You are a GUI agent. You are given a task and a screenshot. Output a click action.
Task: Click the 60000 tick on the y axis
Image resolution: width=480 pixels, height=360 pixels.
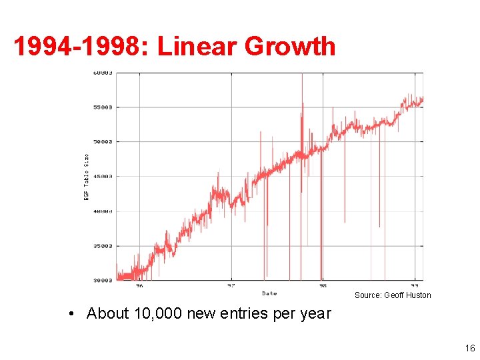tap(102, 72)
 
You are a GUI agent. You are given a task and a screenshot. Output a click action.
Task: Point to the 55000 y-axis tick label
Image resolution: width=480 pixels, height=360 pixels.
tap(102, 107)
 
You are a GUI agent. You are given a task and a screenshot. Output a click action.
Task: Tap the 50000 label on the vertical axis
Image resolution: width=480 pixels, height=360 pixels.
tap(102, 141)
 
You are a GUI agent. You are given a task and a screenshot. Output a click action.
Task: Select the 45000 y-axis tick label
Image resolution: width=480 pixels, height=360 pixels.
tap(102, 176)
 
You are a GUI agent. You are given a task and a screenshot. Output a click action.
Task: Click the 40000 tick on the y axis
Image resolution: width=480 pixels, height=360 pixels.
tap(102, 211)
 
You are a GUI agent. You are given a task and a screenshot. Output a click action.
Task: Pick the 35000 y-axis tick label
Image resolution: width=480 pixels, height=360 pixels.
tap(102, 245)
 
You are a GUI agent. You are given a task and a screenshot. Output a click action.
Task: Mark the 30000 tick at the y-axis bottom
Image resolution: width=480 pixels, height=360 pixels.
tap(102, 280)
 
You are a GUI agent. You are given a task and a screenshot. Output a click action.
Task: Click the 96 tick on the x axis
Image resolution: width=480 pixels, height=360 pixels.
tap(139, 286)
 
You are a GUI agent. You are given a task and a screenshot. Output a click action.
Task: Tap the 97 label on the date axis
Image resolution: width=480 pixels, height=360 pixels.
tap(231, 286)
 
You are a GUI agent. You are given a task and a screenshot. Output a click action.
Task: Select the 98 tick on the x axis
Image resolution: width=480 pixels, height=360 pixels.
tap(323, 286)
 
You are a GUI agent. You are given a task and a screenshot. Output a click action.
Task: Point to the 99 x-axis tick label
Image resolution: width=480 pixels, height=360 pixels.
tap(414, 286)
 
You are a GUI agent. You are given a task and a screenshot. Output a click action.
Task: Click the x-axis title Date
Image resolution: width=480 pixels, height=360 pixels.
tap(269, 293)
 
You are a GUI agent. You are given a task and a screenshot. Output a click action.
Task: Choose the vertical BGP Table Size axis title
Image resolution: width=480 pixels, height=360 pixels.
tap(86, 176)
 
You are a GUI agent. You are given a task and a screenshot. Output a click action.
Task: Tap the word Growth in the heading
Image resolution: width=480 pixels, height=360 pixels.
tap(291, 47)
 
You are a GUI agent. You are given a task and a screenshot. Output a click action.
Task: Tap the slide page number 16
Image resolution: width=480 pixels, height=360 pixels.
tap(470, 348)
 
